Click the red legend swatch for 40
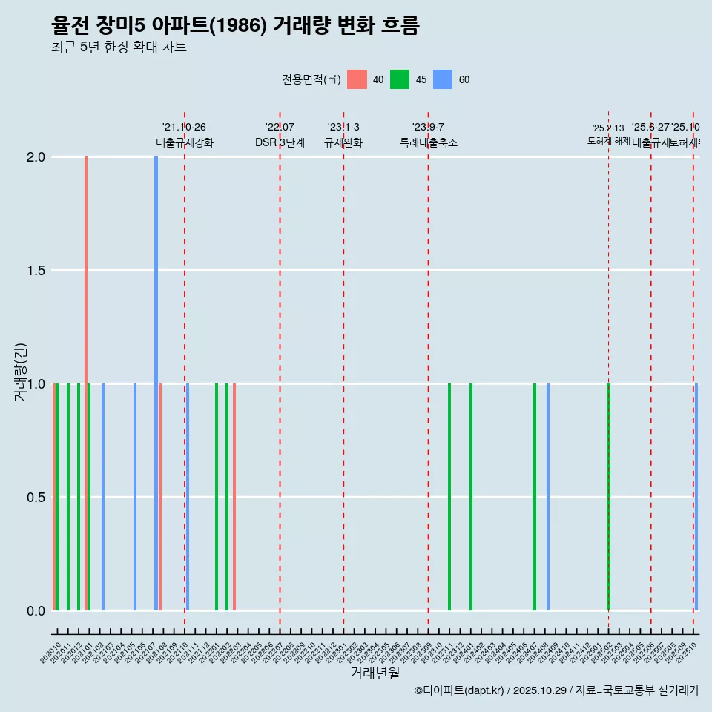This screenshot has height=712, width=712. click(357, 79)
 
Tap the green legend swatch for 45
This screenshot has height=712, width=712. click(400, 79)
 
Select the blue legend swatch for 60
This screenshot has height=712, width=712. click(443, 79)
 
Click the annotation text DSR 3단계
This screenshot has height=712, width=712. click(280, 143)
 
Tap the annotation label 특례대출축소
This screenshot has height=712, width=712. click(428, 143)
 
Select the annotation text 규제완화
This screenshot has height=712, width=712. click(343, 143)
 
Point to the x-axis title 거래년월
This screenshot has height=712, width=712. click(375, 673)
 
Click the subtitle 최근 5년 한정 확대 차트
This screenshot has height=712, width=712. click(119, 47)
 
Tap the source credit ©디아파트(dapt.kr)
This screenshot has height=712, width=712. click(459, 691)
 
